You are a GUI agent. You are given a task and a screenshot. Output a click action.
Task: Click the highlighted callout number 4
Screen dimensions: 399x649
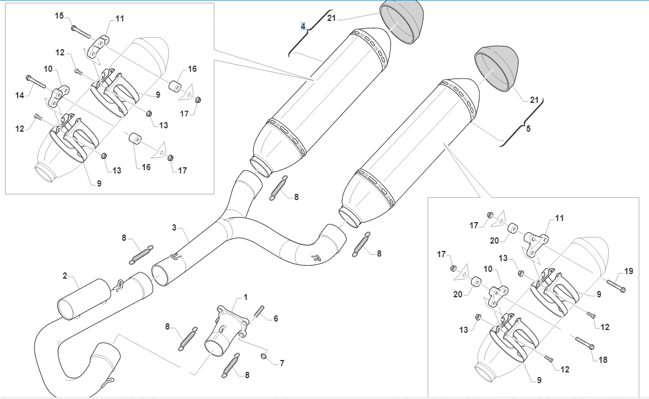303,26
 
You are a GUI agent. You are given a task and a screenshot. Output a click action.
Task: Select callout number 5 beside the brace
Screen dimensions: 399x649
528,128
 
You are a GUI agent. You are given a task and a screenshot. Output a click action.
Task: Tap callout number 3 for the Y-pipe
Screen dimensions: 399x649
175,228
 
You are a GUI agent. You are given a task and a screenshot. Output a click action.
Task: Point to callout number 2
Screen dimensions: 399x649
65,276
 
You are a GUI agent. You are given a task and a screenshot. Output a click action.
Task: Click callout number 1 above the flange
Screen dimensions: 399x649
246,297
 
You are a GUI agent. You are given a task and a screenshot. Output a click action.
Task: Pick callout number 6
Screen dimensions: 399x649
276,319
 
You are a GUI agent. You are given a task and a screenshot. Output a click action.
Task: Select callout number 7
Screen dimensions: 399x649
282,363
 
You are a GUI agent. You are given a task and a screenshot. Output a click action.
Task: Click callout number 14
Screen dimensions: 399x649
20,96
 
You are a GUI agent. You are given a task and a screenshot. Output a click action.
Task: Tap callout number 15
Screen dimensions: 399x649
59,16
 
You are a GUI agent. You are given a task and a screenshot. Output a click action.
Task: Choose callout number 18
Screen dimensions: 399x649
603,359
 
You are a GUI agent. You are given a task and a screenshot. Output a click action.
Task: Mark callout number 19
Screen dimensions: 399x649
628,271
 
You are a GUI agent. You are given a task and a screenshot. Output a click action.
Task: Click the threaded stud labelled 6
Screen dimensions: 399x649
260,311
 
